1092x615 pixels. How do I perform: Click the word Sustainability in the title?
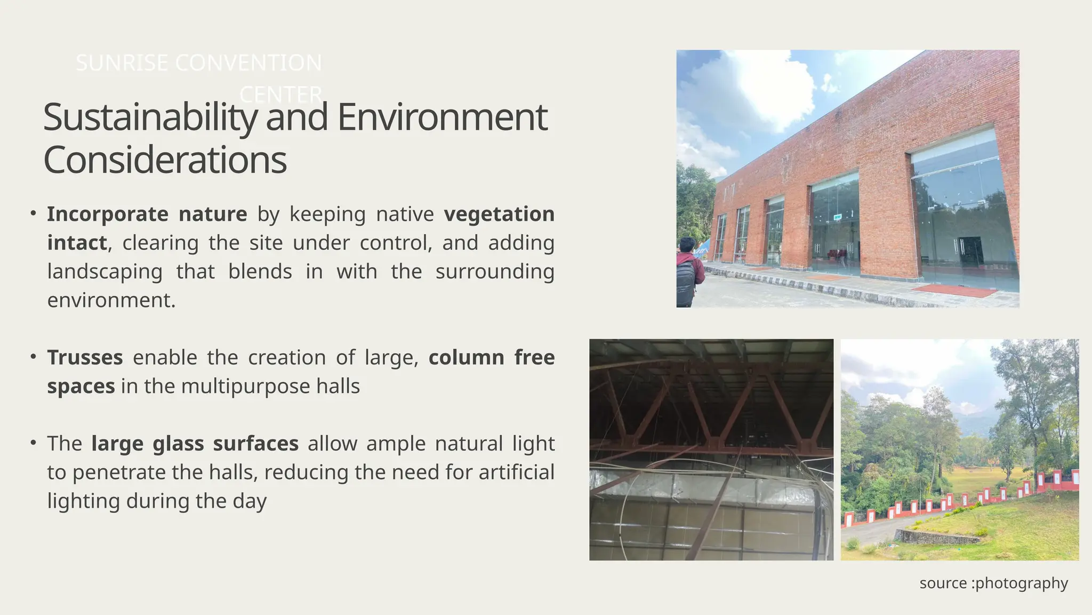[150, 118]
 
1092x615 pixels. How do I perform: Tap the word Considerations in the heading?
[165, 160]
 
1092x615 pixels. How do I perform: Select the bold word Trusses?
[85, 358]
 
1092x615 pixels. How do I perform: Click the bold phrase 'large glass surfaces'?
[195, 444]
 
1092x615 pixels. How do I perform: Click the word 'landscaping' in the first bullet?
[105, 271]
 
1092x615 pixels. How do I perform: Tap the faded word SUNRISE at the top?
[122, 63]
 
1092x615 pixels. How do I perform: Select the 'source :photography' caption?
[993, 583]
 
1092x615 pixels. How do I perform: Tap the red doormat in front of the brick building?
[954, 290]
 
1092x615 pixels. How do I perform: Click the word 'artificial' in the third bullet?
[517, 472]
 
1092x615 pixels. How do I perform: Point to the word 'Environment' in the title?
[442, 118]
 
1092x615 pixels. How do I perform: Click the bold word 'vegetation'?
[499, 214]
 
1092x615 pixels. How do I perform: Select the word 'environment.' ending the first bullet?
[111, 300]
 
